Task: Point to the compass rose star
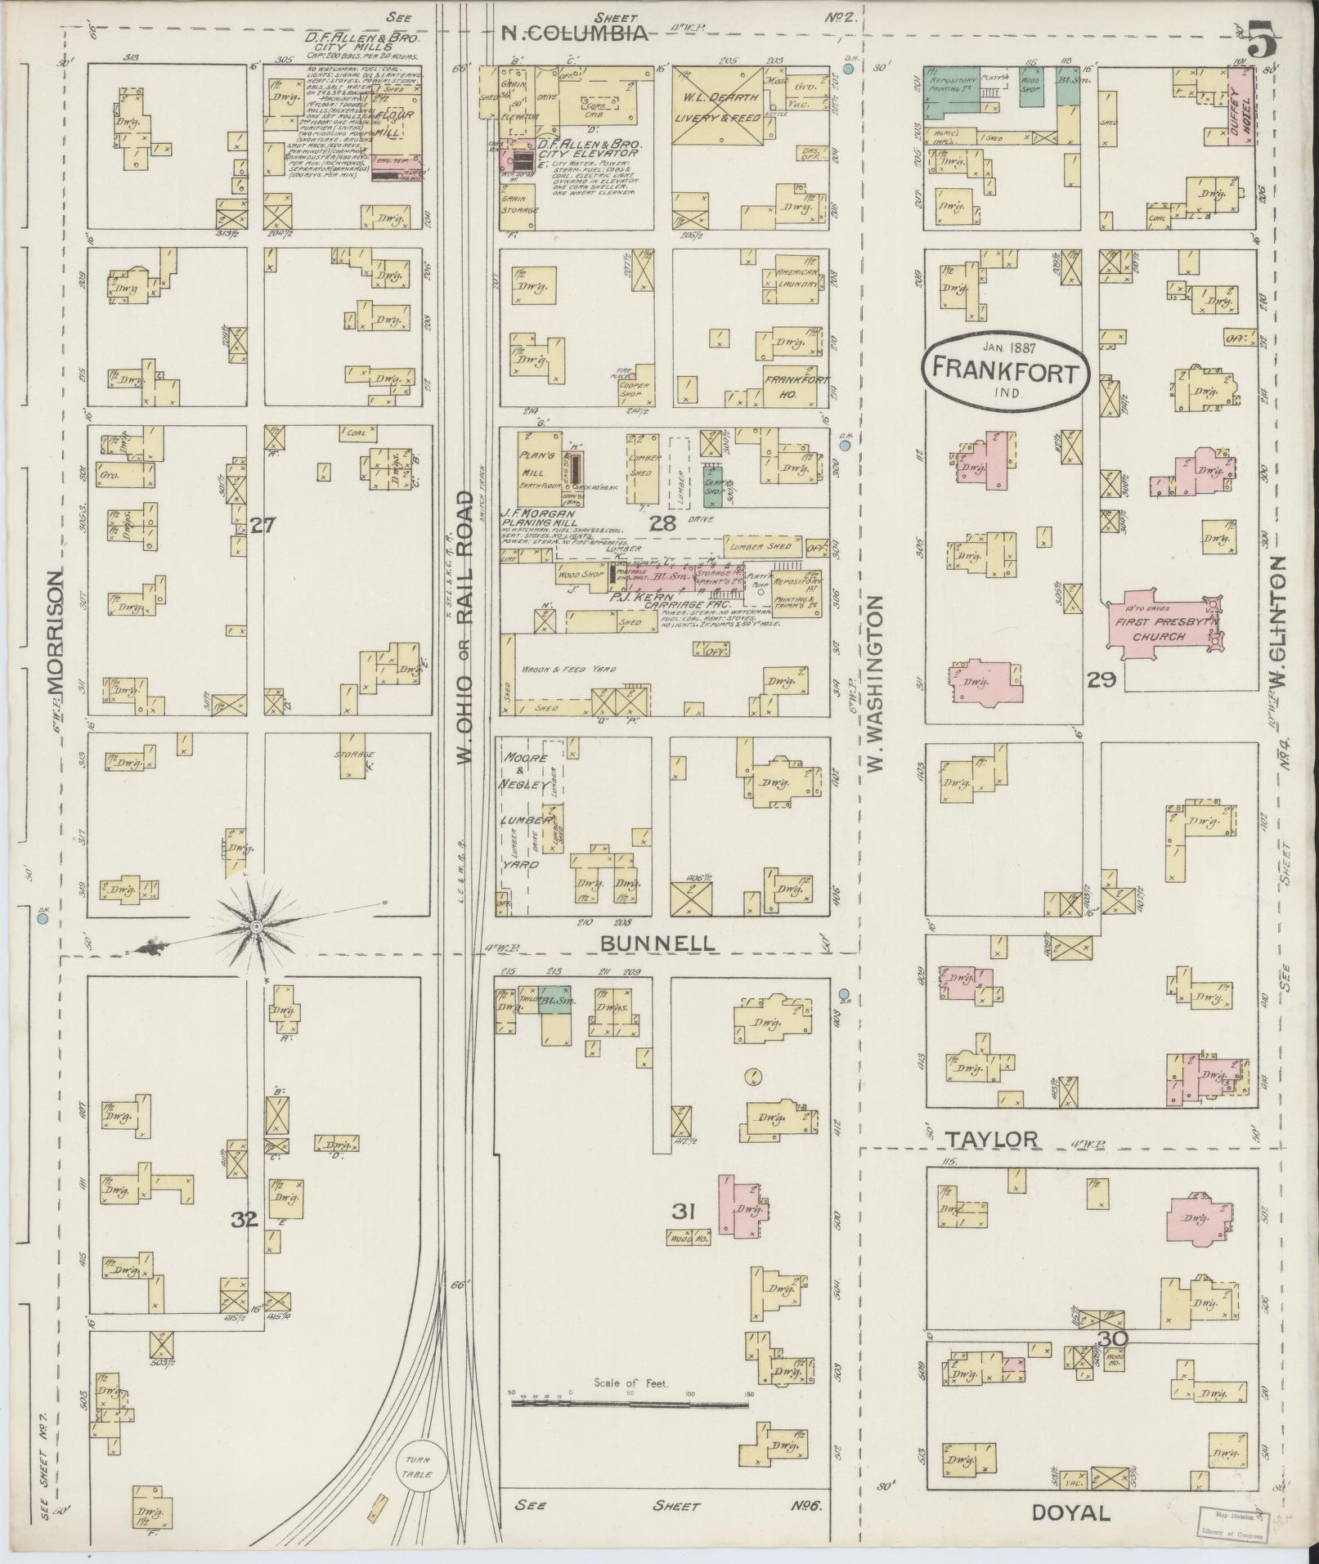point(257,925)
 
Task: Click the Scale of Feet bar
point(630,1405)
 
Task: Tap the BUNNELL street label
point(657,943)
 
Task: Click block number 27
point(262,526)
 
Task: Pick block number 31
point(684,1212)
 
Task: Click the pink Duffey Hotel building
point(1240,107)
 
